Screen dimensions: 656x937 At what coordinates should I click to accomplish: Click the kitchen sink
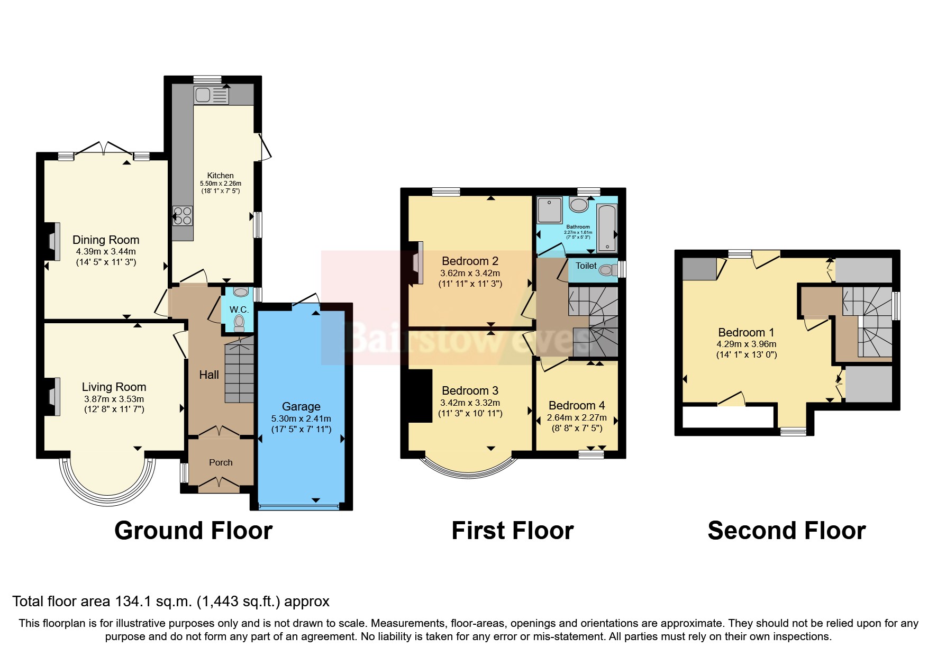tap(211, 96)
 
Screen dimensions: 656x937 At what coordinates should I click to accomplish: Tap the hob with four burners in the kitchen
tap(183, 215)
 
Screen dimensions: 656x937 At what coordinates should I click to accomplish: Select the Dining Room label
tap(106, 240)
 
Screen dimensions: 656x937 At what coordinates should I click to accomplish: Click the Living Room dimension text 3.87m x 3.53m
tap(114, 399)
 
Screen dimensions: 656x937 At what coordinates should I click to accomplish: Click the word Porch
tap(221, 462)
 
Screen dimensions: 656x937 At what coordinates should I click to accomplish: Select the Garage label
tap(301, 406)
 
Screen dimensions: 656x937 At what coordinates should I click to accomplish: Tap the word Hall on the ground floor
tap(209, 375)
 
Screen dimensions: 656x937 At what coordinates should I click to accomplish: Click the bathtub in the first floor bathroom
tap(607, 229)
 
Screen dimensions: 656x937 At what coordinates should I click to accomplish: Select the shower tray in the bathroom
tap(550, 209)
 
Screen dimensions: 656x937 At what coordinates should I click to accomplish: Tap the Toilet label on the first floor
tap(586, 266)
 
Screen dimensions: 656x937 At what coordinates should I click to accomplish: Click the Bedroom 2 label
tap(470, 261)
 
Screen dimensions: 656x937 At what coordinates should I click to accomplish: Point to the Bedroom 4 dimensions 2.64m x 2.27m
tap(577, 417)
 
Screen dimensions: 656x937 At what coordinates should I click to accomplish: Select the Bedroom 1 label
tap(746, 332)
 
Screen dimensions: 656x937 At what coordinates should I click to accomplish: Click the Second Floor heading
tap(786, 531)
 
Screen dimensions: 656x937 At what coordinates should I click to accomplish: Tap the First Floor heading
tap(512, 531)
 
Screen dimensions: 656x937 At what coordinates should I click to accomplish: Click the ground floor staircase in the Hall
tap(239, 373)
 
